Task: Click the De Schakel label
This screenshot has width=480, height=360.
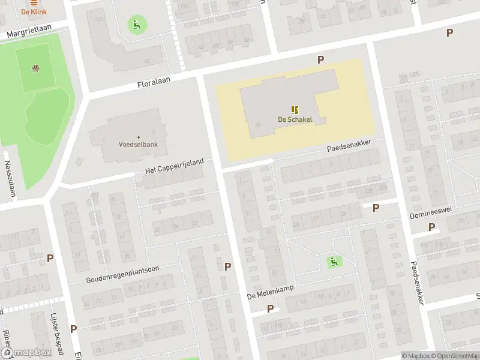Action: click(295, 119)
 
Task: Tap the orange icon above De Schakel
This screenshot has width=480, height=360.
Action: click(295, 110)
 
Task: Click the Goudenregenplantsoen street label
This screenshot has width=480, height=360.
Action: click(122, 274)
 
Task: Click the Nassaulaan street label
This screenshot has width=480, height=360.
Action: click(10, 179)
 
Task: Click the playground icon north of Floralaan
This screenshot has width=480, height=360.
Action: click(137, 25)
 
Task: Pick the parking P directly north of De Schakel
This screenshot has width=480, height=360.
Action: click(321, 59)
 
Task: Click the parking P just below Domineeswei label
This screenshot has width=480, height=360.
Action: click(431, 227)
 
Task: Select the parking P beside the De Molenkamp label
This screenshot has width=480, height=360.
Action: click(270, 308)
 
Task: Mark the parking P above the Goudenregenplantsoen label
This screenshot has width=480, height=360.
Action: click(50, 258)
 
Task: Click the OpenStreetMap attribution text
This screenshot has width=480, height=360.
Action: click(453, 356)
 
